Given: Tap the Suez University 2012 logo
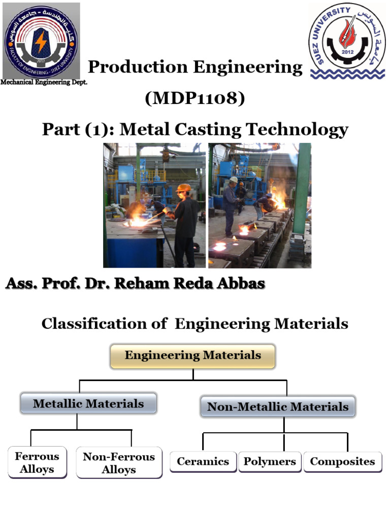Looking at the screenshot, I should tap(348, 41).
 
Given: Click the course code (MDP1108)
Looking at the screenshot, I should tap(195, 98).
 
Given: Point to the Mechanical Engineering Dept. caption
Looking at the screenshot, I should tap(44, 83).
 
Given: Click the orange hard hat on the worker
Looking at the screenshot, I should tap(184, 188).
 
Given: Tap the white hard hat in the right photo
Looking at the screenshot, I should tap(233, 179).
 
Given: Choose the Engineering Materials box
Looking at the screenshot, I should tap(193, 356).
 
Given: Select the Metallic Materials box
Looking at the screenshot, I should tap(88, 404).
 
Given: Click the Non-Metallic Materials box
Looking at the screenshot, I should tap(278, 406).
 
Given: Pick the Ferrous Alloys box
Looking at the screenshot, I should tap(37, 463).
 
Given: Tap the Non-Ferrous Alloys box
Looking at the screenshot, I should tap(119, 463).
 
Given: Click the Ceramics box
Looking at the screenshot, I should tap(203, 462).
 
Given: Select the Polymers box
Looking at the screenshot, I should tap(270, 462).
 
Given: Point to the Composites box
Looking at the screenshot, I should tap(343, 462).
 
